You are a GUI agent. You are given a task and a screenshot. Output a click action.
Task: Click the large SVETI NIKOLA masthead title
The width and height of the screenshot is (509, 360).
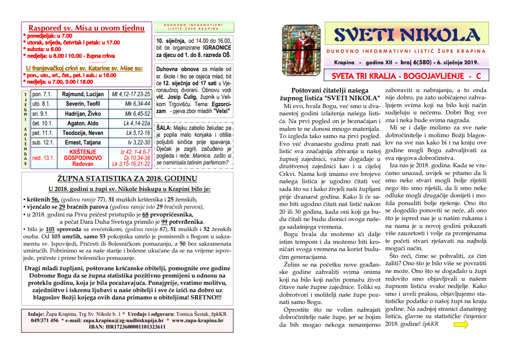click(x=407, y=35)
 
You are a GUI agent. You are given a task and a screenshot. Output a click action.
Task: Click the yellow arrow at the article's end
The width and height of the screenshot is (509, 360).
click(x=461, y=324)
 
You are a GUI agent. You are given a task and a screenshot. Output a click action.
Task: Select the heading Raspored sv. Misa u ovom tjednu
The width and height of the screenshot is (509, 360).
click(x=87, y=28)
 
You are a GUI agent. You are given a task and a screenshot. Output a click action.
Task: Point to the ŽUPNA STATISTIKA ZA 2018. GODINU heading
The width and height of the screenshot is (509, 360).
click(x=127, y=178)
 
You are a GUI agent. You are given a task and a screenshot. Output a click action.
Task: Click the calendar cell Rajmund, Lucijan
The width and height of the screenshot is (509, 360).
click(x=83, y=94)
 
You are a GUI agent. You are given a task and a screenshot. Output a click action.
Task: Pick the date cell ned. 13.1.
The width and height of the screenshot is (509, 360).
click(x=43, y=158)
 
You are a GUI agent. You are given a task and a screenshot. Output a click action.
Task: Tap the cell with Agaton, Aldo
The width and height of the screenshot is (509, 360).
click(x=83, y=123)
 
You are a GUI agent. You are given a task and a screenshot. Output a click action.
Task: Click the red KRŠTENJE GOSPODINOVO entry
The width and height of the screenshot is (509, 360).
click(x=83, y=154)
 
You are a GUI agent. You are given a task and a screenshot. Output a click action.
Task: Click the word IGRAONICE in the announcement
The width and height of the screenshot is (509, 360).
click(x=217, y=47)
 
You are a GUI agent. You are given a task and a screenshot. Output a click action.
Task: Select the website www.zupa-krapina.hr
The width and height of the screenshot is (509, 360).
click(x=198, y=320)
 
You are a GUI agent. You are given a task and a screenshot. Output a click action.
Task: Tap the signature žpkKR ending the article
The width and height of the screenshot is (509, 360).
click(x=431, y=324)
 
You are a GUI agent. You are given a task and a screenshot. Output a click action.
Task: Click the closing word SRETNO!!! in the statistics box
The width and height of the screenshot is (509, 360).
click(x=205, y=297)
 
